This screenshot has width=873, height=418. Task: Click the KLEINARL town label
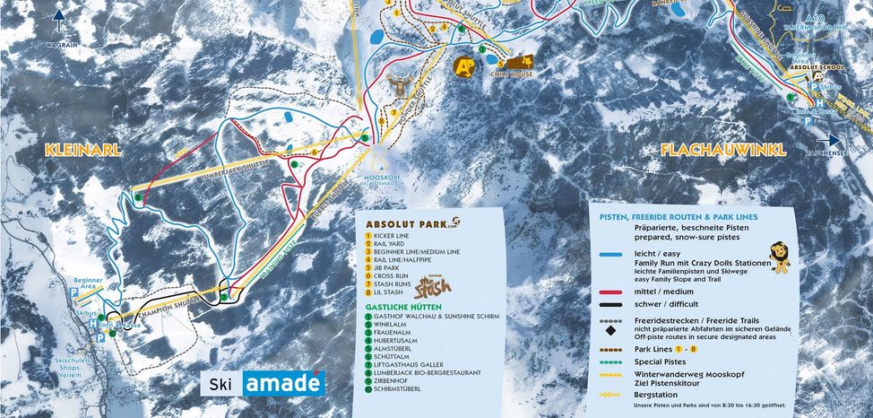(82, 151)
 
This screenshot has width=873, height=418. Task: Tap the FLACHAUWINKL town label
(723, 151)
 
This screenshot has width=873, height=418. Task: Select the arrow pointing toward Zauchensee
(830, 140)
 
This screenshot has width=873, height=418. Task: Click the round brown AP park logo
(464, 65)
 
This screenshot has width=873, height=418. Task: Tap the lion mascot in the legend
(780, 257)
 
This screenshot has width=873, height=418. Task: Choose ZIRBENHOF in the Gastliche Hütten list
(394, 381)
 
